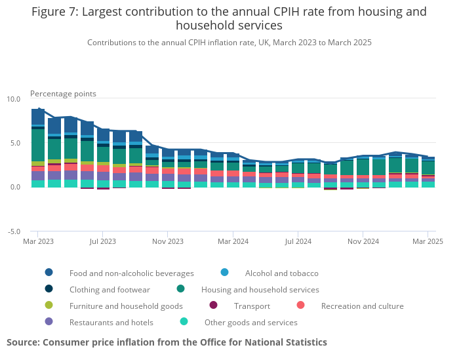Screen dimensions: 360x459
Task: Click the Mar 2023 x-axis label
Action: point(37,241)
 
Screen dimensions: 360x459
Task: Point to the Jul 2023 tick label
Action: point(102,241)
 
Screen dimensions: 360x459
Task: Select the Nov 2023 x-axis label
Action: point(167,241)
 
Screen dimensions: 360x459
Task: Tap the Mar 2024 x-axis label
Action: point(232,241)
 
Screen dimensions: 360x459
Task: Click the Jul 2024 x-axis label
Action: point(297,241)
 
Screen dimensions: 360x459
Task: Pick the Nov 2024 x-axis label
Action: point(363,241)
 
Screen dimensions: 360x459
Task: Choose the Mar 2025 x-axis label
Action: point(428,241)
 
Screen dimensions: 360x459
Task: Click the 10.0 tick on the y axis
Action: point(14,99)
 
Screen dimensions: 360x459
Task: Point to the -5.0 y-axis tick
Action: point(14,231)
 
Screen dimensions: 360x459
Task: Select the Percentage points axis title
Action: point(63,94)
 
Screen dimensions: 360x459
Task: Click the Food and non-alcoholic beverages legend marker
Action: point(49,273)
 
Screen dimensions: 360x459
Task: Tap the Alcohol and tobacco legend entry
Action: point(281,273)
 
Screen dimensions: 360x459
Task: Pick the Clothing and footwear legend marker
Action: point(49,289)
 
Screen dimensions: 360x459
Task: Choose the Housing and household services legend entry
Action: point(260,289)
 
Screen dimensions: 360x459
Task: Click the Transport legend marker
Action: point(213,306)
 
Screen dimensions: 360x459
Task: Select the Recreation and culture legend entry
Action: point(362,306)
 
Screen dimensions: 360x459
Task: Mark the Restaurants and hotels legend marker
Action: point(49,322)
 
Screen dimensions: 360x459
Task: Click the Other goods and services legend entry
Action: point(250,322)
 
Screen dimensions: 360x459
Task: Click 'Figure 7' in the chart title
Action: point(54,12)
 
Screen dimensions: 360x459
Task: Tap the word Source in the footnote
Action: point(23,342)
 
